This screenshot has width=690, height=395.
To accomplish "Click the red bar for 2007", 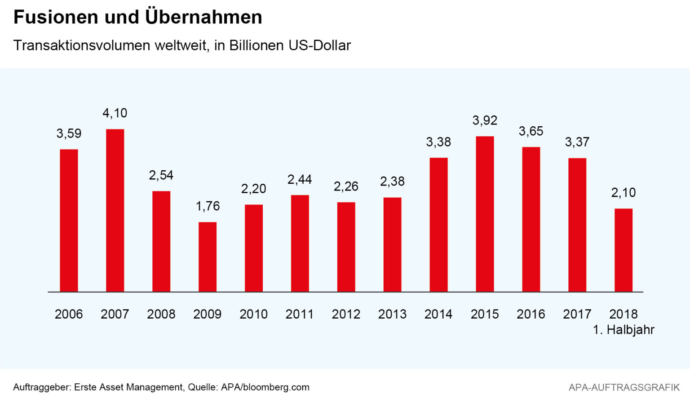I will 115,210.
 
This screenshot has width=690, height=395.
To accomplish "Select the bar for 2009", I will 208,257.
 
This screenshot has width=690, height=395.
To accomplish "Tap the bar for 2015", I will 485,214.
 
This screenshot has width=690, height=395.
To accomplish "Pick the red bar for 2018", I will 624,250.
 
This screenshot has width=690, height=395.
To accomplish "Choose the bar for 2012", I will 346,247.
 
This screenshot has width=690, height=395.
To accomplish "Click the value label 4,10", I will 115,113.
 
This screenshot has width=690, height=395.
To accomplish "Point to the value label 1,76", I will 208,206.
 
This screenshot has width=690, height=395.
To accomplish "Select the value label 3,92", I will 485,120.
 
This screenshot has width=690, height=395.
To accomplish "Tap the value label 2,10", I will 624,193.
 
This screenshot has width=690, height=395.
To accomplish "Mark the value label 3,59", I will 69,133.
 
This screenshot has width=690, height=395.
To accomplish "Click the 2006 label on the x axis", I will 69,314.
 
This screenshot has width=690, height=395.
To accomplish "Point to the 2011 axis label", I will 300,314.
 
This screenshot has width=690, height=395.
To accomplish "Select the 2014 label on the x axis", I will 438,314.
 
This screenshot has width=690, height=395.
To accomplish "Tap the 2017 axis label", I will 577,314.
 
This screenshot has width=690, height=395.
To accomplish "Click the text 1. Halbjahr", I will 624,330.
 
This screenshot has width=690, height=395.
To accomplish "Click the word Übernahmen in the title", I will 203,17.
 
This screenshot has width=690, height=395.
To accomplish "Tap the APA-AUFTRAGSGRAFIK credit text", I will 624,387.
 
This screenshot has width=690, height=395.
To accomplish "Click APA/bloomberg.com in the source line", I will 265,387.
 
